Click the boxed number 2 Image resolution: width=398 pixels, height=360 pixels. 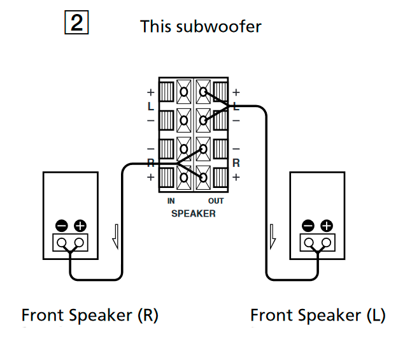[x=76, y=24]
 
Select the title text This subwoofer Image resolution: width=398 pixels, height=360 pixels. [x=201, y=27]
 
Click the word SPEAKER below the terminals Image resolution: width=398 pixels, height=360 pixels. [x=194, y=213]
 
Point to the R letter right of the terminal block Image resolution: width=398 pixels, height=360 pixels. [x=236, y=163]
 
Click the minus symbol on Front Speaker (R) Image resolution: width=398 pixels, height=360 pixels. [x=61, y=226]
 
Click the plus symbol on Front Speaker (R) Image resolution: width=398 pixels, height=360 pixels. [x=80, y=226]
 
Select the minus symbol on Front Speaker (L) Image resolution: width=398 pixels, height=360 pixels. [x=308, y=226]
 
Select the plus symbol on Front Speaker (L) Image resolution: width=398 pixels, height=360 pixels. [x=327, y=226]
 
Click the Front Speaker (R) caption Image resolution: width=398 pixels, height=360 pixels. [x=90, y=315]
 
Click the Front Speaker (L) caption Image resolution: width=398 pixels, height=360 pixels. [x=317, y=315]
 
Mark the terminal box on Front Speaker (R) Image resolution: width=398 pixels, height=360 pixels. [x=70, y=243]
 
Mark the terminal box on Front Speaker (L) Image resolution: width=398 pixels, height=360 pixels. [x=317, y=243]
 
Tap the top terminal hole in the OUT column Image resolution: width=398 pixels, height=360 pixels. [x=203, y=92]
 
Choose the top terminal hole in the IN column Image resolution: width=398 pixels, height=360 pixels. [x=184, y=92]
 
